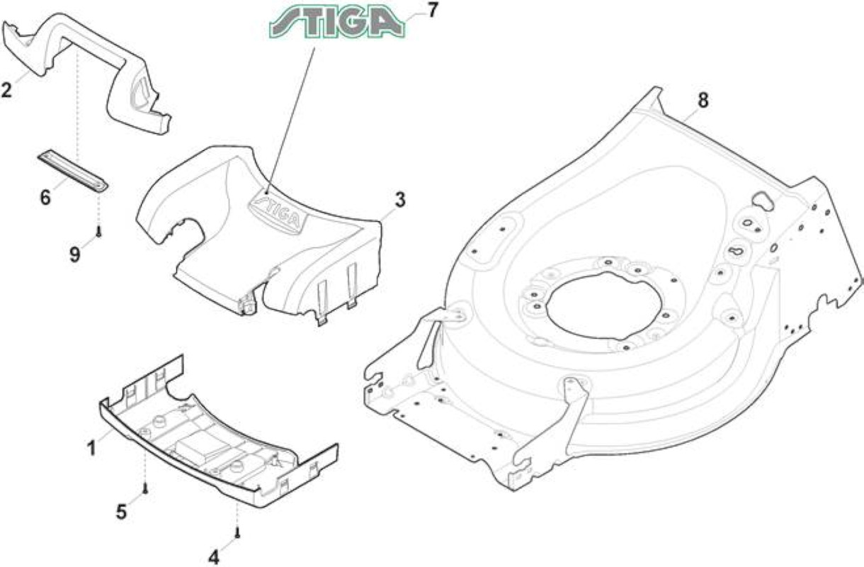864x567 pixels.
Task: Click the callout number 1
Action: coord(92,449)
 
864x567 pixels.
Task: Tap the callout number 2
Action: coord(6,90)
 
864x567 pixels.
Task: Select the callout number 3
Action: coord(400,200)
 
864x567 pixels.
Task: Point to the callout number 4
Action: coord(213,557)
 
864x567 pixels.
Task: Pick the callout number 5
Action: coord(122,512)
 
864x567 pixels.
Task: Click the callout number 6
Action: coord(45,198)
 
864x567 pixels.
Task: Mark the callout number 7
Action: coord(433,11)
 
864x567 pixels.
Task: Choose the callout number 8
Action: coord(703,101)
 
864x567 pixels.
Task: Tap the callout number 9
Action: coord(74,254)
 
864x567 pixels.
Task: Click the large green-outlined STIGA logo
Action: coord(337,22)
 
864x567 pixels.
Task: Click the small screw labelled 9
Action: coord(99,232)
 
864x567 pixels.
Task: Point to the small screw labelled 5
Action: coord(145,488)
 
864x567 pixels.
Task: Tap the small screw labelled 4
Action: coord(238,534)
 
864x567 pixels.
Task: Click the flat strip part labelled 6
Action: coord(73,171)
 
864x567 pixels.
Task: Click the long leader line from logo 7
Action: coord(290,120)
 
